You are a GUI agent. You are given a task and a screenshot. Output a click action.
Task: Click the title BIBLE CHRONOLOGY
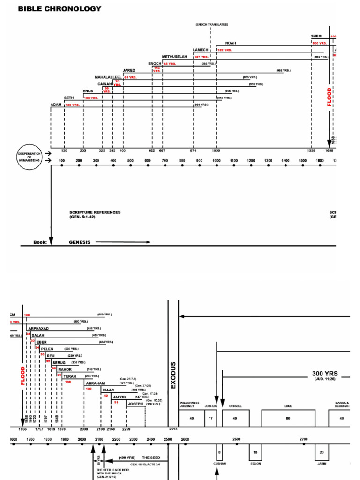[60, 9]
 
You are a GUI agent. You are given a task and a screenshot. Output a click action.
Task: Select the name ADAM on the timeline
[56, 104]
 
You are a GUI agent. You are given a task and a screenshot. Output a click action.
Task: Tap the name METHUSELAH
[174, 56]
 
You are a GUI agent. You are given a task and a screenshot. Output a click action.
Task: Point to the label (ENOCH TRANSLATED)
[211, 24]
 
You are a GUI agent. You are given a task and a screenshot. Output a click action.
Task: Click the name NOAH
[231, 43]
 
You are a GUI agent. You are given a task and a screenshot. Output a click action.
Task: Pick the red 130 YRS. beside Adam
[73, 105]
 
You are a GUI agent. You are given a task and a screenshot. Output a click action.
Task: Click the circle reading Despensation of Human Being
[30, 157]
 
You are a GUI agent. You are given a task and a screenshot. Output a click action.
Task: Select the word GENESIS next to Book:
[79, 242]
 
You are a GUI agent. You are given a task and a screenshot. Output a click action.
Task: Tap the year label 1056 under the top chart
[216, 150]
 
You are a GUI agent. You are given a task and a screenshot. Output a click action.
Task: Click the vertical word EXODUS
[173, 375]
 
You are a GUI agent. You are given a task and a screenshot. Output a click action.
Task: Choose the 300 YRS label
[325, 374]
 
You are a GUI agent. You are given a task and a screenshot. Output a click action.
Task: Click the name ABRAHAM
[95, 383]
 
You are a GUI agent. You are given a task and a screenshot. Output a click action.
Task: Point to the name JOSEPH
[136, 404]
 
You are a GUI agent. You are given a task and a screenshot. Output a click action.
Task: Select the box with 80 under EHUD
[288, 418]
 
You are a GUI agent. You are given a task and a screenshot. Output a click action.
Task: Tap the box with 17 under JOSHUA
[211, 418]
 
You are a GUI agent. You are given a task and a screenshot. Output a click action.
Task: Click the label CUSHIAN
[219, 463]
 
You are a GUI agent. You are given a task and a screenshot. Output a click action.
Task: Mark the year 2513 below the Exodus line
[173, 429]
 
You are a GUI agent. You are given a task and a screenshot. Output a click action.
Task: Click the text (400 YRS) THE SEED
[140, 457]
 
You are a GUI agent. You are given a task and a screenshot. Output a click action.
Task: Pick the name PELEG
[47, 349]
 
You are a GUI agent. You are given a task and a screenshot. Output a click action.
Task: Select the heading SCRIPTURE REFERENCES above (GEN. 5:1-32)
[95, 212]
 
